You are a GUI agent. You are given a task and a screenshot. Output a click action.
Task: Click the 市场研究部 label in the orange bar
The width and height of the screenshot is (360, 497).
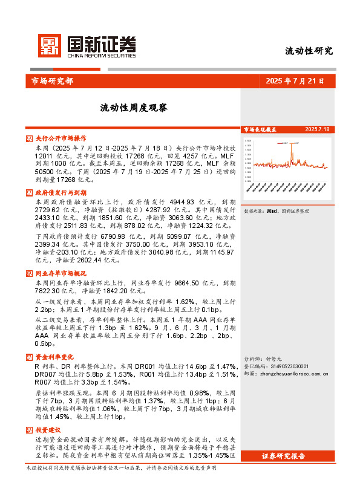[52, 80]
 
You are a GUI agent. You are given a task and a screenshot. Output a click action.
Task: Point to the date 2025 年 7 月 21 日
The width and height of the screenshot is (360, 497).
[295, 80]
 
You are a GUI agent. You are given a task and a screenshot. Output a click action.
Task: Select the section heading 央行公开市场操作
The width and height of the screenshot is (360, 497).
[61, 138]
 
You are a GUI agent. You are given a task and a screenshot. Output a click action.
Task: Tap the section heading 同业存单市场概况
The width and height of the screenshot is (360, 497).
[61, 273]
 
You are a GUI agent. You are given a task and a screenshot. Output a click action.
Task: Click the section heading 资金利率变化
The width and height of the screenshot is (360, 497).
[54, 357]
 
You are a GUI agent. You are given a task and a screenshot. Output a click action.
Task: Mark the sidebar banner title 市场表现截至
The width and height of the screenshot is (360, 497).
[260, 129]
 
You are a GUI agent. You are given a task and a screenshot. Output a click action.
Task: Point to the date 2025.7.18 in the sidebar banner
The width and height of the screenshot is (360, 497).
[317, 129]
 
